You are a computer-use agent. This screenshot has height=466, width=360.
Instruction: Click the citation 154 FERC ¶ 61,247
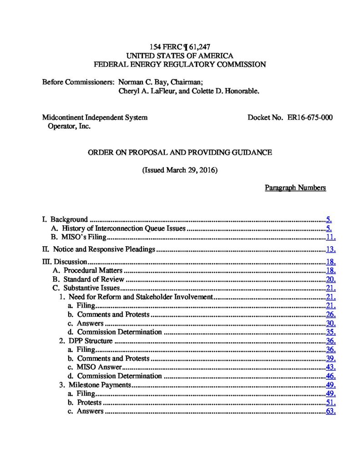click(179, 47)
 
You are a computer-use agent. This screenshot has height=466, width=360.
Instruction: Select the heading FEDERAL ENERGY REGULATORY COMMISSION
click(179, 65)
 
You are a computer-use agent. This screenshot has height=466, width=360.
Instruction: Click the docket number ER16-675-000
click(309, 117)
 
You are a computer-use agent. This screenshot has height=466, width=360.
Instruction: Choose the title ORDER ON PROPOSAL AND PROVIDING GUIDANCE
click(180, 152)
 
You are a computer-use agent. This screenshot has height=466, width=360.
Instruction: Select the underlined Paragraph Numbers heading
click(295, 188)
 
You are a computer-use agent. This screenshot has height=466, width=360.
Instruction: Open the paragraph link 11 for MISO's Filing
click(331, 237)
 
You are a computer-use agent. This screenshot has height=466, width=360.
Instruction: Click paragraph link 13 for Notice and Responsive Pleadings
click(331, 249)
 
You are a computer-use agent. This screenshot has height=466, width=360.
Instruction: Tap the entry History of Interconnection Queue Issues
click(124, 228)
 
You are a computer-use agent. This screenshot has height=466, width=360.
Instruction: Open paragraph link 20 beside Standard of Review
click(331, 279)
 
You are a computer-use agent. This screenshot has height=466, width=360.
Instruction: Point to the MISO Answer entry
click(99, 367)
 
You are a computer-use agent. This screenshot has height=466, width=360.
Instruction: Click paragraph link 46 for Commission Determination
click(331, 376)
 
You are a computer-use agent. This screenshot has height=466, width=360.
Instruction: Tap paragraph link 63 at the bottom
click(331, 411)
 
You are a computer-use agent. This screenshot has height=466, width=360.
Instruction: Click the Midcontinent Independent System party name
click(95, 117)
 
